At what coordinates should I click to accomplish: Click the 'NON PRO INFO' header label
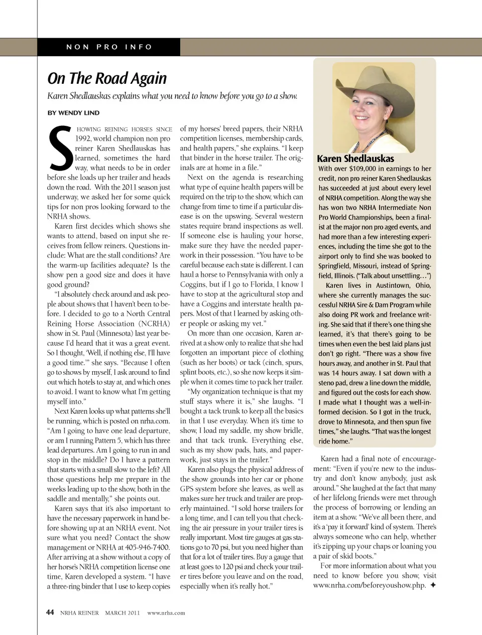[x=109, y=47]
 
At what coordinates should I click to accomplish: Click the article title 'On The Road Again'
[x=107, y=78]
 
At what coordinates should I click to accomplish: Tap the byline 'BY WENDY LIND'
[x=73, y=113]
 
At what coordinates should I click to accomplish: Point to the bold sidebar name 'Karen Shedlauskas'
[x=355, y=158]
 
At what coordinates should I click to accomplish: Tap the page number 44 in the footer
[x=50, y=612]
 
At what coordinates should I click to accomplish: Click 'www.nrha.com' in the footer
[x=166, y=612]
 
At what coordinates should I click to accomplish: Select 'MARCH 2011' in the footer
[x=123, y=612]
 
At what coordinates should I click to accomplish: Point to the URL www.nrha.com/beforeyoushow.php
[x=369, y=585]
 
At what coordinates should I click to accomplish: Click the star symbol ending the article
[x=433, y=585]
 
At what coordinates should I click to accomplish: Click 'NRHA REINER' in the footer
[x=79, y=612]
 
